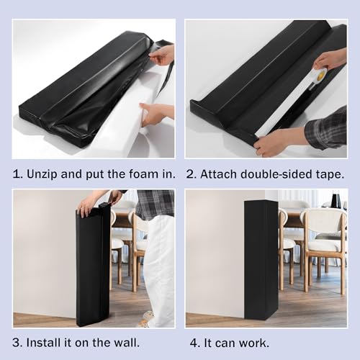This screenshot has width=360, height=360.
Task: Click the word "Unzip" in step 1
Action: [x=42, y=174]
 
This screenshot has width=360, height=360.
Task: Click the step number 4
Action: [x=194, y=343]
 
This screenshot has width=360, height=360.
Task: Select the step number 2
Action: [x=189, y=174]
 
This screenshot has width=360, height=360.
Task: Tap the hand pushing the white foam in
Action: [x=156, y=114]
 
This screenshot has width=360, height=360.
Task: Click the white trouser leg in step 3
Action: [x=161, y=269]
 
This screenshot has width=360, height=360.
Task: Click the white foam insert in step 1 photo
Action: [x=135, y=110]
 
